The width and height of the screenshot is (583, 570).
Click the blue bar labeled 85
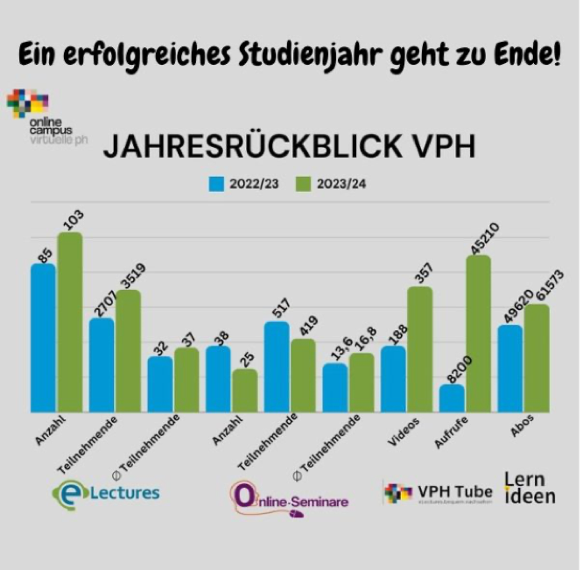[43, 337]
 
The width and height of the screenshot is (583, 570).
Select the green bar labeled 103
[70, 322]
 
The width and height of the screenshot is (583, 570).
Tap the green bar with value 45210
[478, 334]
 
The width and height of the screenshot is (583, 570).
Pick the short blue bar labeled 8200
[452, 398]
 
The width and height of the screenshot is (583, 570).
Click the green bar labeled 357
[419, 349]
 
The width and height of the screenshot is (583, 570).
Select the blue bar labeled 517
[277, 366]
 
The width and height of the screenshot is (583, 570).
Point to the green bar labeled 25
[245, 390]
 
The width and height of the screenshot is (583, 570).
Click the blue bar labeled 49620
[510, 368]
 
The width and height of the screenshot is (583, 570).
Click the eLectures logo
[105, 493]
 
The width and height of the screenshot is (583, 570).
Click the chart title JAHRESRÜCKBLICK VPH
[289, 147]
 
